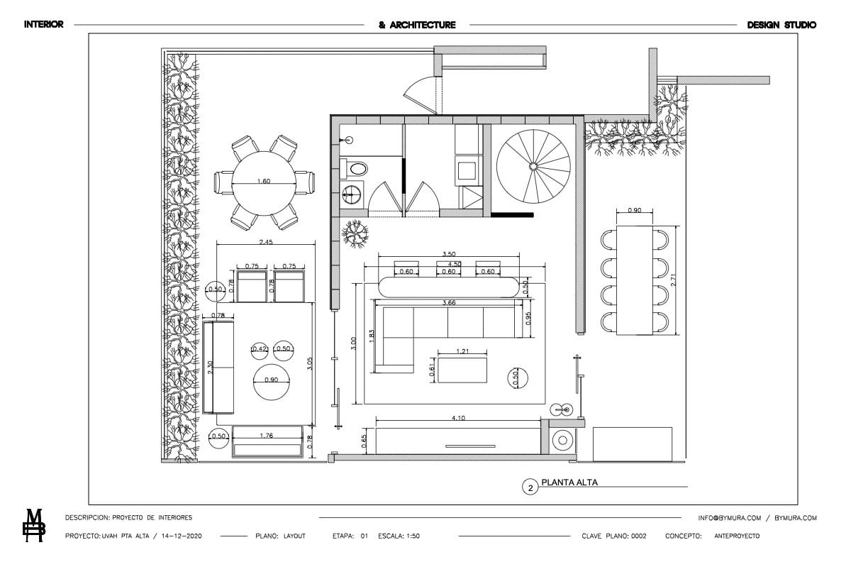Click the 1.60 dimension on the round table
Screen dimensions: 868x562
coord(264,181)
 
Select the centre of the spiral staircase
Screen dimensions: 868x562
coord(533,166)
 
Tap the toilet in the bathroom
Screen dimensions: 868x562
coord(354,169)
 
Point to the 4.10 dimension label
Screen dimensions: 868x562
coord(458,418)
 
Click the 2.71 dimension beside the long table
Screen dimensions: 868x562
coord(674,280)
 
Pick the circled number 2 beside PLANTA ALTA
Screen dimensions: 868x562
coord(530,487)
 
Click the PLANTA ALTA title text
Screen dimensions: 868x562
coord(569,483)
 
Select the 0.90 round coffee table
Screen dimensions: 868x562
coord(271,382)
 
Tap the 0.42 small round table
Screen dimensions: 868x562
coord(260,349)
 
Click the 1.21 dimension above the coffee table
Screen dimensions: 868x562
coord(462,351)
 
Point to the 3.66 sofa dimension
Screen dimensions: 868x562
coord(449,302)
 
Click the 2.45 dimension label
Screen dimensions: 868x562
coord(266,242)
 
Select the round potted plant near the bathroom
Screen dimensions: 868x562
coord(355,233)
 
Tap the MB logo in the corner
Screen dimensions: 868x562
coord(34,526)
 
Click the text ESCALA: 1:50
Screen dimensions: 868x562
coord(399,536)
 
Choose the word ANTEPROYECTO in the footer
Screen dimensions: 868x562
coord(737,536)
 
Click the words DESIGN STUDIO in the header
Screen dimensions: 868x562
coord(781,25)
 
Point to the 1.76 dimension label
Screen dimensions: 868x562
coord(266,435)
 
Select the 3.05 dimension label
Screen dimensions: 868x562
coord(310,363)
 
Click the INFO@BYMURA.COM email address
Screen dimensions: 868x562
coord(730,518)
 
